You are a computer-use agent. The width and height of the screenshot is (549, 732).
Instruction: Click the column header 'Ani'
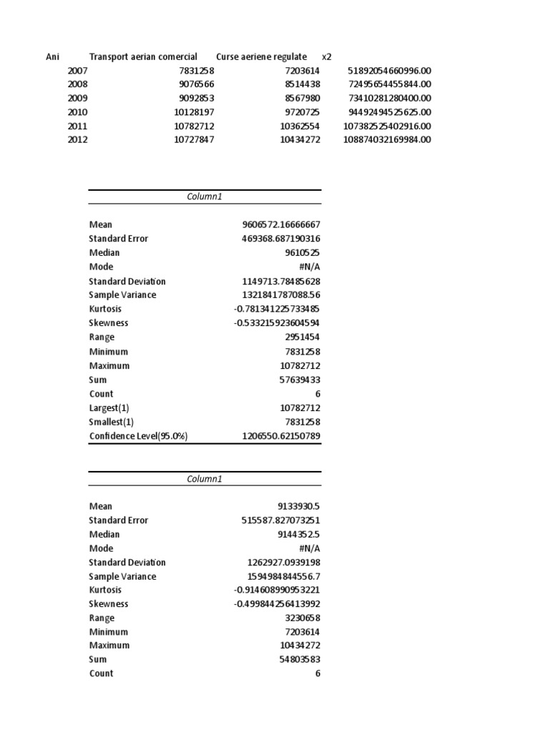coord(53,57)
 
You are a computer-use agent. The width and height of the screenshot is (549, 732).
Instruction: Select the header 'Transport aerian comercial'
coord(143,57)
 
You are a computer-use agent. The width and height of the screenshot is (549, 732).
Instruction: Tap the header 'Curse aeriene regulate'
coord(261,57)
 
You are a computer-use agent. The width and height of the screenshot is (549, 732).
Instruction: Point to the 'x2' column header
coord(327,57)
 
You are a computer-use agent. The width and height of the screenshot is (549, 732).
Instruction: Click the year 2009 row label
coord(78,99)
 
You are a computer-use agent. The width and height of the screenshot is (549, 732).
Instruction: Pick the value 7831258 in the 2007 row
coord(194,71)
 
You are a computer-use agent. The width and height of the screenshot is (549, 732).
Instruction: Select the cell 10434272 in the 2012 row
coord(300,140)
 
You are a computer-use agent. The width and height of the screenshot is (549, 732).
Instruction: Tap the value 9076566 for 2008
coord(194,84)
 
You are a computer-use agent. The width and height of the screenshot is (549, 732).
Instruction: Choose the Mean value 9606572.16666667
coord(281,224)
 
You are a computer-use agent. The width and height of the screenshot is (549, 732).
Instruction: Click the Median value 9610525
coord(302,252)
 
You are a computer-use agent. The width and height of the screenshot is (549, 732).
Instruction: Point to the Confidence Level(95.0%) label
coord(138,436)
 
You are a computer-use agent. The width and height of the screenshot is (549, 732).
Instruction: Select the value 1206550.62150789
coord(282,436)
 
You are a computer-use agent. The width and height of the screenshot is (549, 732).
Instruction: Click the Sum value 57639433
coord(300,380)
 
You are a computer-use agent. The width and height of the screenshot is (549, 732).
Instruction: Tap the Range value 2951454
coord(302,337)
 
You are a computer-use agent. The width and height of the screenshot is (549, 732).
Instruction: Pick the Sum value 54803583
coord(300,659)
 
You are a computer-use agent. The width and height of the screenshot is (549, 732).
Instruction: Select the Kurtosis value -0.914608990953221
coord(277,590)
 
